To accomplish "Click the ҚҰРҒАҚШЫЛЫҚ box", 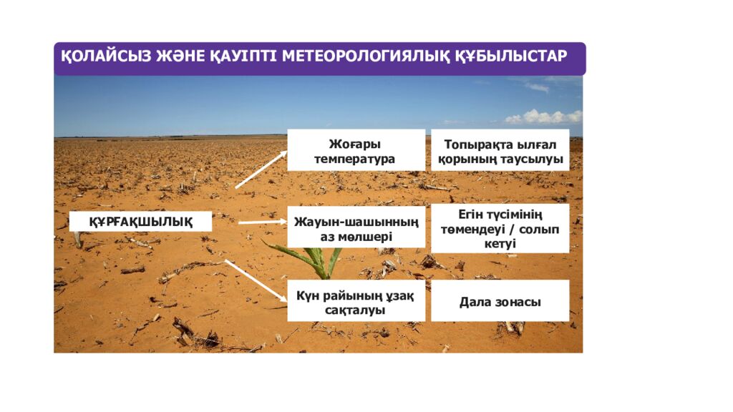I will click(x=140, y=222).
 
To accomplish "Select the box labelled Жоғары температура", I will click(x=356, y=150).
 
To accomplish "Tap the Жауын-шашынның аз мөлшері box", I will click(x=356, y=227).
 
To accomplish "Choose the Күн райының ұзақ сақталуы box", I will click(x=356, y=301).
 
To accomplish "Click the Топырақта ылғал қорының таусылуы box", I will click(x=500, y=150).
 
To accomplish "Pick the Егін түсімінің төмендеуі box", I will click(x=500, y=228).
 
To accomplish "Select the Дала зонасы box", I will click(x=500, y=301).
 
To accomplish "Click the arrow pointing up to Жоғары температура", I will click(x=261, y=170).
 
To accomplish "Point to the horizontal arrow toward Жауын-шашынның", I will click(x=261, y=222).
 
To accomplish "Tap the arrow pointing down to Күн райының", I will click(x=256, y=280).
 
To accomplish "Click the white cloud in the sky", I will click(x=543, y=117).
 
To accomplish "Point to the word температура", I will click(x=354, y=159).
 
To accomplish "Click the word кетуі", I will click(x=500, y=244).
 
